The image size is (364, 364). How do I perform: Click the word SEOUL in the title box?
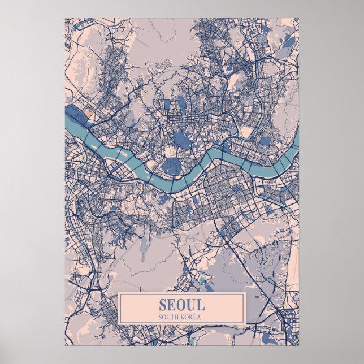coord(181,305)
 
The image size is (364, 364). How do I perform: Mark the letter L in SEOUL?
coord(201,305)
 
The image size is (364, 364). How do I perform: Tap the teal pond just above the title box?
coord(202,281)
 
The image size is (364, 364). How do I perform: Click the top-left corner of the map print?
coord(65,18)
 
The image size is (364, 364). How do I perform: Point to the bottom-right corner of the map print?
coord(299,345)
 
